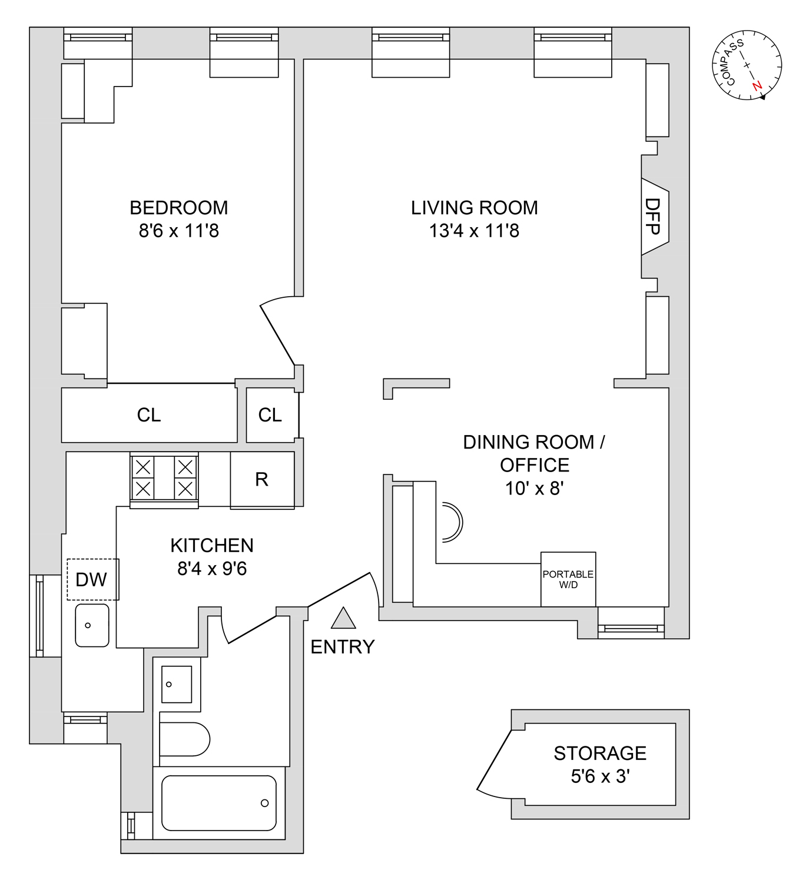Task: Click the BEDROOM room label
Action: [178, 208]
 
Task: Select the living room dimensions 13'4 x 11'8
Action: [474, 231]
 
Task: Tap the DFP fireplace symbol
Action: [654, 217]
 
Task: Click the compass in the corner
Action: [747, 65]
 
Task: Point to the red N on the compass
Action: [757, 86]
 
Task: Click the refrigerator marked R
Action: [262, 480]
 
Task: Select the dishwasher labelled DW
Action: [92, 579]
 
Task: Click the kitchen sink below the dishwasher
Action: [92, 625]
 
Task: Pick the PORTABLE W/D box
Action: [568, 579]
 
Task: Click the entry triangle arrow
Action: [343, 619]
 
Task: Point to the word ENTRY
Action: [342, 647]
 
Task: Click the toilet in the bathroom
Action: [184, 739]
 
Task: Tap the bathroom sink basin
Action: [177, 685]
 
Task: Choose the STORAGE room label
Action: [600, 753]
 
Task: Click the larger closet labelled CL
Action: [149, 415]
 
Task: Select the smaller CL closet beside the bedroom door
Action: [270, 415]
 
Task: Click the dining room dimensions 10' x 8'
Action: [534, 489]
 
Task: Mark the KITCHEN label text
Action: [212, 546]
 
